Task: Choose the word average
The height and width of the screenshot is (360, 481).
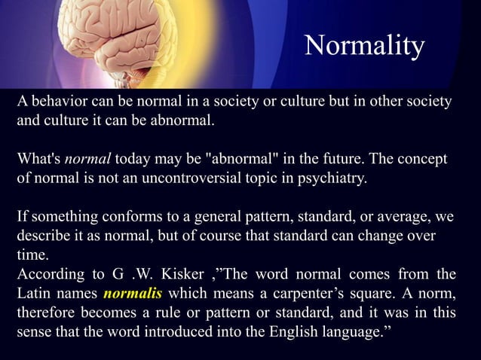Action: [408, 219]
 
